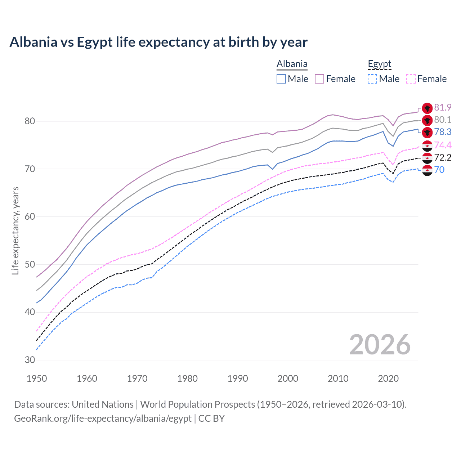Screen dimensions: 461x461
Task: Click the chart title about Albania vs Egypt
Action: (x=158, y=42)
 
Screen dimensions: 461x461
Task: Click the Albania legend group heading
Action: (x=292, y=64)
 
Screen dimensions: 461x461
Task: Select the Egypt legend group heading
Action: (x=379, y=64)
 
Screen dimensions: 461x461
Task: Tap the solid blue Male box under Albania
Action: (x=281, y=79)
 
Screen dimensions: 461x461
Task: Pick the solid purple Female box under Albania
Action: (x=319, y=79)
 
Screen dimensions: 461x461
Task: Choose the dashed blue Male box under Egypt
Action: (x=372, y=79)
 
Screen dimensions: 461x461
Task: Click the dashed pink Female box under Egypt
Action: (x=411, y=79)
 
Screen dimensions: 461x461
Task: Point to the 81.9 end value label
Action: (x=443, y=108)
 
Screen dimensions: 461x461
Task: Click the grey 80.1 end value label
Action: (x=443, y=120)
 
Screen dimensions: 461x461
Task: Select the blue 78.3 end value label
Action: (x=443, y=132)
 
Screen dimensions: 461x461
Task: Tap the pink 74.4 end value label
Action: (x=443, y=145)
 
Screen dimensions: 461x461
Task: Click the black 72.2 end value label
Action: (x=443, y=157)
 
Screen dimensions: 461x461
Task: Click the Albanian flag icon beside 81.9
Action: (x=427, y=108)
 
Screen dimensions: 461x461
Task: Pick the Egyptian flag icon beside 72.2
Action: (x=427, y=158)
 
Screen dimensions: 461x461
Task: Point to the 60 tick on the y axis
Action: (x=30, y=217)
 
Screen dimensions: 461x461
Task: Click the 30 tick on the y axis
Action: (x=30, y=360)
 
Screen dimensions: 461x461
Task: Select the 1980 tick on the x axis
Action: (x=187, y=379)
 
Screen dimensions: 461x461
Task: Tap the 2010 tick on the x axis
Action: (x=338, y=379)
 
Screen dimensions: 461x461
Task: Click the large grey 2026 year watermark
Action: (x=380, y=345)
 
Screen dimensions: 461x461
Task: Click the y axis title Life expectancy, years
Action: (x=15, y=230)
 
